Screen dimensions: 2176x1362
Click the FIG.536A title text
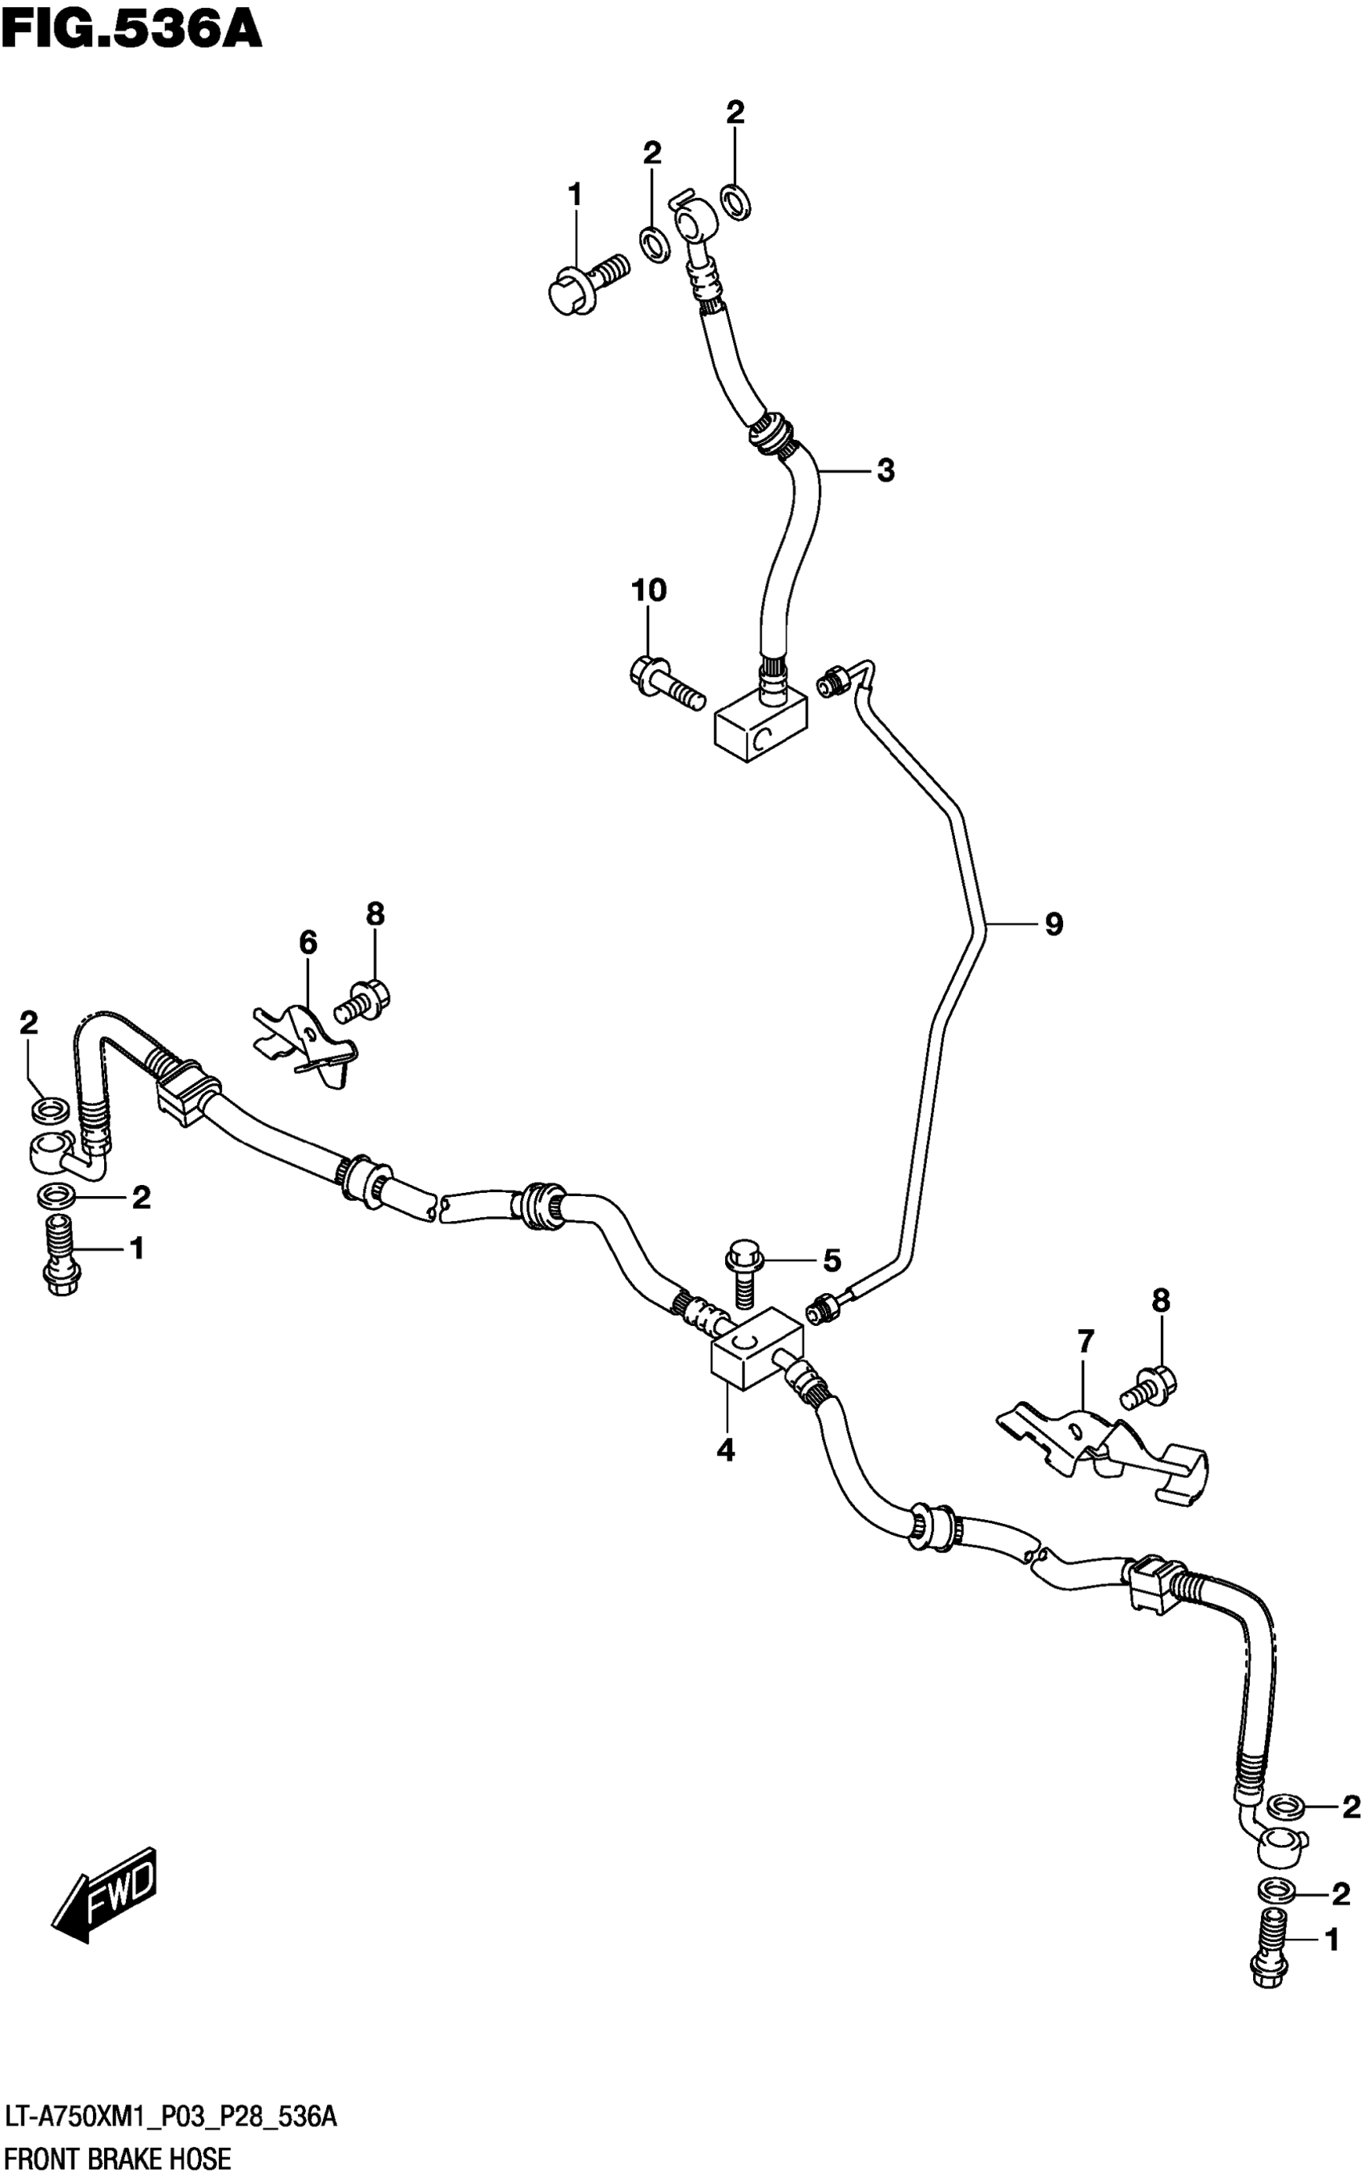pos(131,29)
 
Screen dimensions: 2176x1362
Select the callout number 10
pos(649,590)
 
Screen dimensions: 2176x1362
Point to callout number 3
pos(885,470)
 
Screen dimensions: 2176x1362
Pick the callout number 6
pos(308,943)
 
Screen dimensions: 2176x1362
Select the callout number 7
pos(1086,1342)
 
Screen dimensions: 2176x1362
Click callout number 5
pos(832,1260)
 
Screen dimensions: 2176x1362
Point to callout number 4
pos(726,1451)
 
